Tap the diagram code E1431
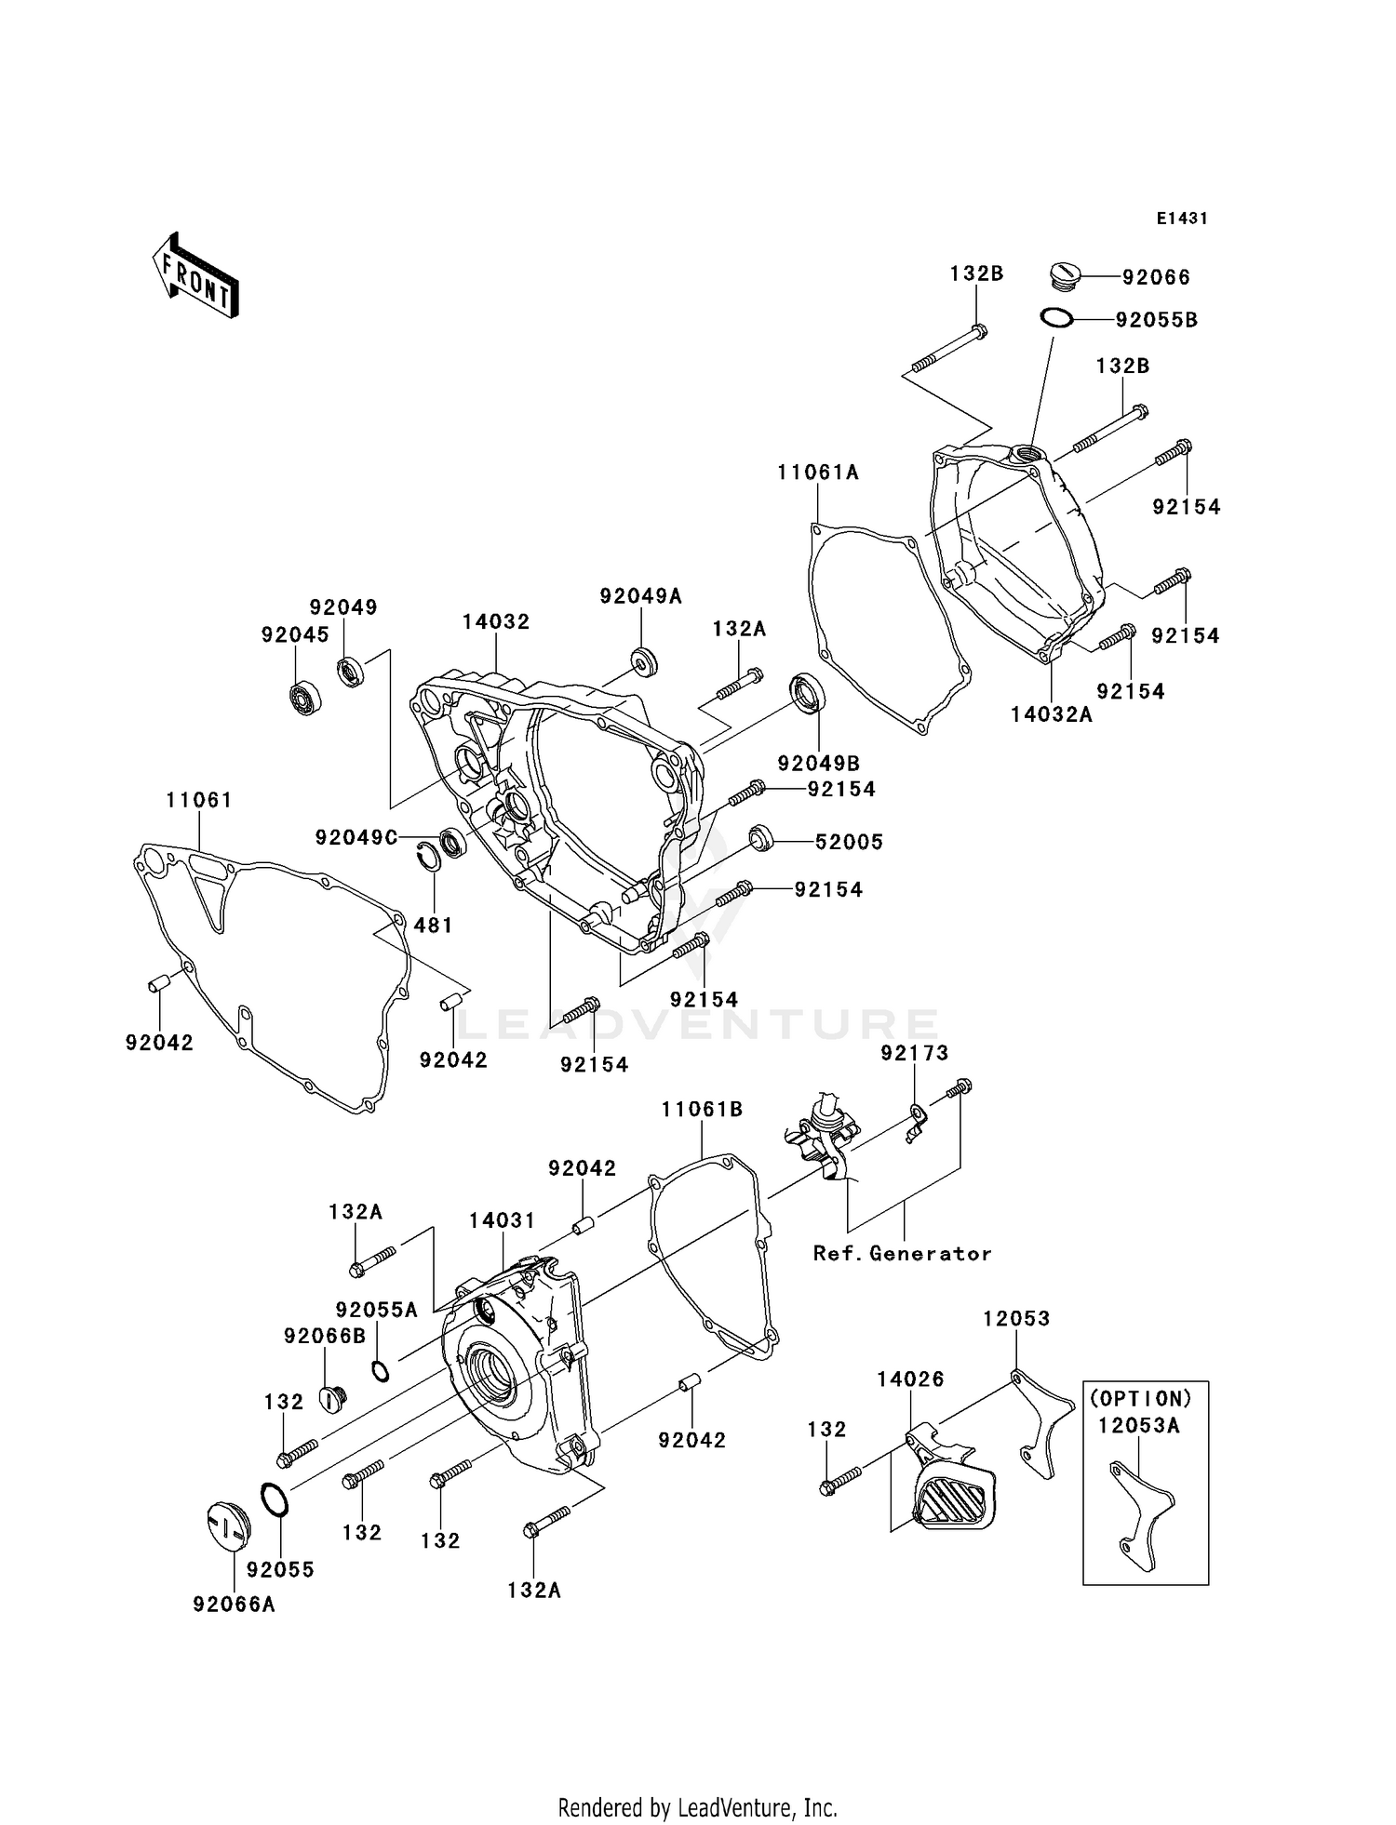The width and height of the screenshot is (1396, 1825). [1181, 219]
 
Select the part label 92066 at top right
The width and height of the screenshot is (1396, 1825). [1156, 277]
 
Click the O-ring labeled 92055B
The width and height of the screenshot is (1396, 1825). [1056, 318]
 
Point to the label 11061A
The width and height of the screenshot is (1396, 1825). [818, 473]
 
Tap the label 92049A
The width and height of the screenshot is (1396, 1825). [640, 596]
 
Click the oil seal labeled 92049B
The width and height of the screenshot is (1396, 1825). [807, 694]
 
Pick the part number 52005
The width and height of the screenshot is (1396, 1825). [849, 842]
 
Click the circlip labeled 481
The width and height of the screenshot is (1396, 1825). [429, 857]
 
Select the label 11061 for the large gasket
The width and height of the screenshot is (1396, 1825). [199, 800]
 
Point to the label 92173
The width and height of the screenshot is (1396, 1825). [915, 1053]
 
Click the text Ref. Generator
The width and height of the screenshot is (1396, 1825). [902, 1253]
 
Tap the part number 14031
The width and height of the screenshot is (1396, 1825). [502, 1220]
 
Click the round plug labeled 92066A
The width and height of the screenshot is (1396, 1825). [223, 1528]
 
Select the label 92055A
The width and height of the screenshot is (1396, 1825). [376, 1310]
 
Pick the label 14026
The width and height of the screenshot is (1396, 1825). [910, 1379]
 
